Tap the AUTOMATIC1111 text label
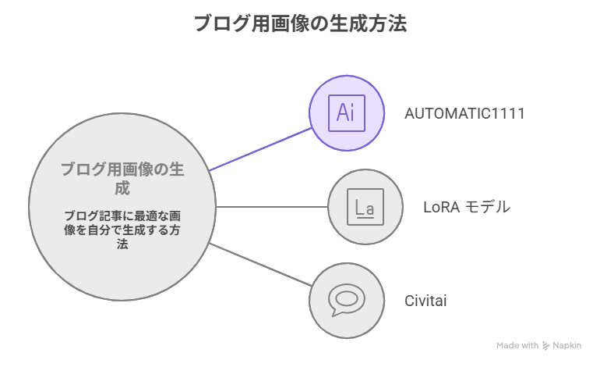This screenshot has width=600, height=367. coord(464,113)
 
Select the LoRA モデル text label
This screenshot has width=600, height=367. coord(466,207)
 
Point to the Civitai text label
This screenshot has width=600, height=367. coord(425,301)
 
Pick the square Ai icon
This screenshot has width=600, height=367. coord(347,113)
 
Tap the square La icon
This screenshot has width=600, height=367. coord(365,207)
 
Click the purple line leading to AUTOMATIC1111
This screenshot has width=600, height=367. coord(259,148)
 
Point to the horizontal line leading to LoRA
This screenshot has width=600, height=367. coord(270,207)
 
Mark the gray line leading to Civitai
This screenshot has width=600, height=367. coord(259,265)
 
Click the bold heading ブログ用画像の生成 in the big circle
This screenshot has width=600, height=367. coord(122,179)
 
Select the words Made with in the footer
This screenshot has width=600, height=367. coord(517,345)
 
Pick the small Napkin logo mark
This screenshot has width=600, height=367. coord(545,345)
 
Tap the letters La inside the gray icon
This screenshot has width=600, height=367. coord(365,208)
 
